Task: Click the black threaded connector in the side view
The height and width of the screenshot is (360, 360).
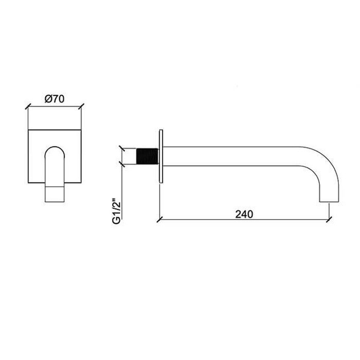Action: point(147,156)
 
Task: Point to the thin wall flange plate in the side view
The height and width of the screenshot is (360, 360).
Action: point(161,156)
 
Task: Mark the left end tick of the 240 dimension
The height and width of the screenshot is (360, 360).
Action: point(158,220)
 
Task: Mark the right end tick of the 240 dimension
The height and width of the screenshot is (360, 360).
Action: point(328,220)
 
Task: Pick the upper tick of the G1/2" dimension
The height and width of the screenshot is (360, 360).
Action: point(122,148)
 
